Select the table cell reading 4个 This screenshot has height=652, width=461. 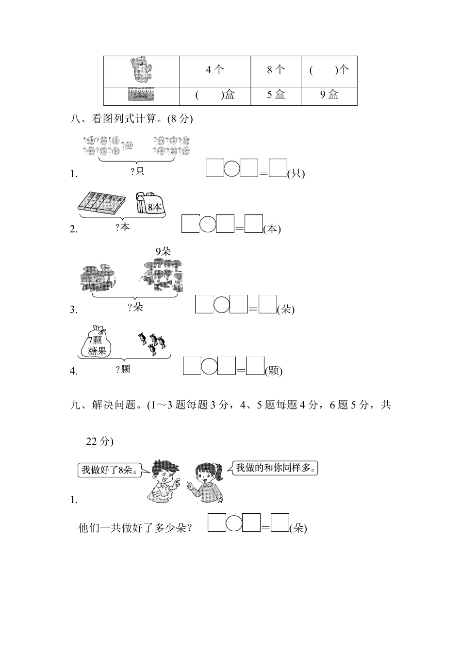214,70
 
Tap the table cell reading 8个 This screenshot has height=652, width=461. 276,70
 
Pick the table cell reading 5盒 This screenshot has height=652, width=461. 276,95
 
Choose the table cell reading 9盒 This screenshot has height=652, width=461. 329,95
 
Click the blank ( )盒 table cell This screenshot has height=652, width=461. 214,95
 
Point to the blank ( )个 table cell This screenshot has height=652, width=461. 329,70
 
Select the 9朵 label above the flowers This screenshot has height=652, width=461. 163,251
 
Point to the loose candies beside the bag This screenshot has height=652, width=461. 151,342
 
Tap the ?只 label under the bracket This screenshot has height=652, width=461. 137,171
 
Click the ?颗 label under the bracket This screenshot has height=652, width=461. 123,369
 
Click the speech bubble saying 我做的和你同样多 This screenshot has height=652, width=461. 275,468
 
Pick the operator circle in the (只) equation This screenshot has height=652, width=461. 232,168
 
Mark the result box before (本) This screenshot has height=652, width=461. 253,224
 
